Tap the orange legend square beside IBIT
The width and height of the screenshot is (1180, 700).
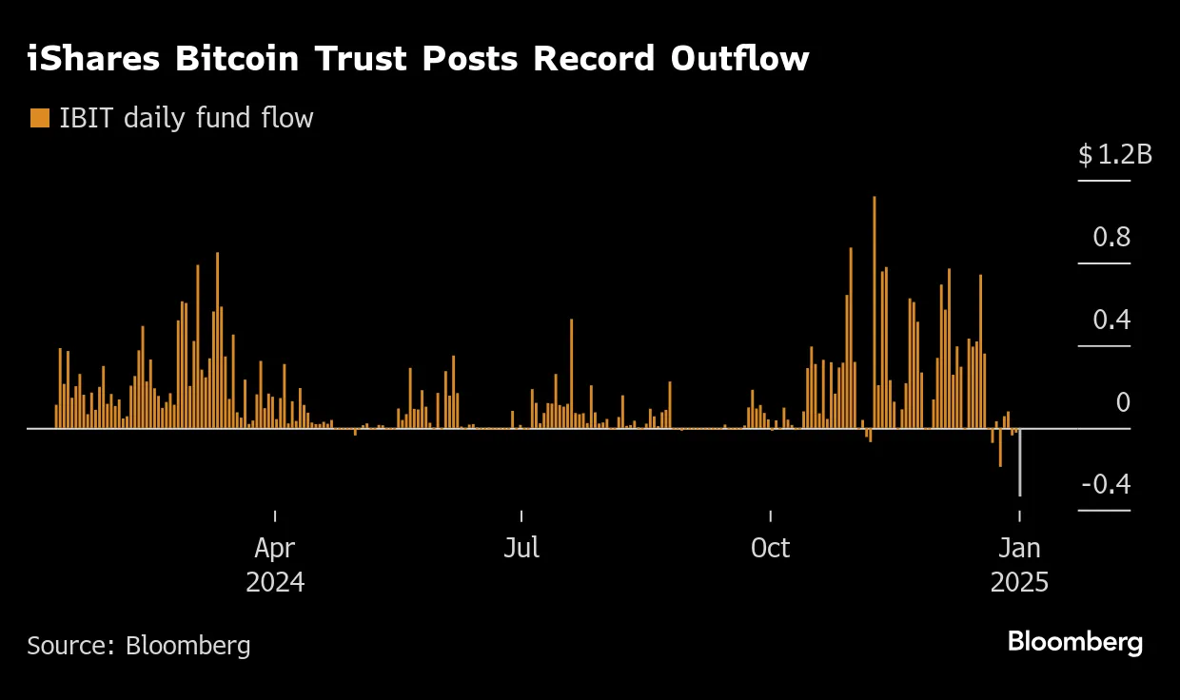pos(39,118)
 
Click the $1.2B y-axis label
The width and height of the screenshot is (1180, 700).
pos(1114,154)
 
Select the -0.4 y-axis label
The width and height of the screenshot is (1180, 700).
pos(1106,485)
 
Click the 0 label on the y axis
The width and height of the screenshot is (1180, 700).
pos(1122,402)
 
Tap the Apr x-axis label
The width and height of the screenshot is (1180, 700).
pos(275,548)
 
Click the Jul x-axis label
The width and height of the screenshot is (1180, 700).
pos(521,548)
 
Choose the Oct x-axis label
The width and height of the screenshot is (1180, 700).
pos(770,548)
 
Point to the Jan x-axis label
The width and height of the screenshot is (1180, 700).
pos(1019,548)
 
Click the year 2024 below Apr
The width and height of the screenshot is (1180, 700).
pos(275,582)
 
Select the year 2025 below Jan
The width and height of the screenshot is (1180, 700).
pos(1019,582)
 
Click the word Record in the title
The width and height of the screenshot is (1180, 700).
pos(594,59)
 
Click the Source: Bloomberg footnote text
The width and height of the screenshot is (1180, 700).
pos(139,646)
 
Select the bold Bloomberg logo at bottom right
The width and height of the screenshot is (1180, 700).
pos(1074,642)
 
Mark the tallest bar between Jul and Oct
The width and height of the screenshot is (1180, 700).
pos(571,373)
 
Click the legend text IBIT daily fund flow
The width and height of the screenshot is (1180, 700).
pos(187,118)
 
